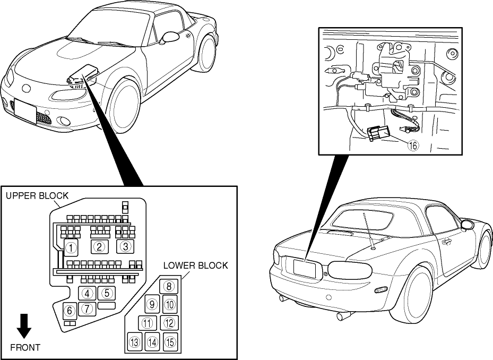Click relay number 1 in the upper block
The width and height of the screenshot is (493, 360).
(71, 246)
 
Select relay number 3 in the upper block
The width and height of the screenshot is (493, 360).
(125, 246)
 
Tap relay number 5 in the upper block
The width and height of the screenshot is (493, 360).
(107, 293)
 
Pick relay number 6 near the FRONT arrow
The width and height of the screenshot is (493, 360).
(69, 311)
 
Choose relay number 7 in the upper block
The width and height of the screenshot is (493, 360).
(88, 308)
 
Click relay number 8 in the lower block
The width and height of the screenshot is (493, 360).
(169, 287)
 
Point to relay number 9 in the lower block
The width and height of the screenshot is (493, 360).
(151, 304)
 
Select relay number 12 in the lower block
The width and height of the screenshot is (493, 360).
(169, 322)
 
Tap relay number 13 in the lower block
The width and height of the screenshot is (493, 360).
(134, 342)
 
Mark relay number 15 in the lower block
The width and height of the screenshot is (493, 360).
(169, 342)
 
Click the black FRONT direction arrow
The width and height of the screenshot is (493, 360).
(24, 325)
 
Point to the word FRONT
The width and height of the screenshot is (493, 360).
(25, 348)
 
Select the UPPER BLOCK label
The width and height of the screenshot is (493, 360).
(37, 195)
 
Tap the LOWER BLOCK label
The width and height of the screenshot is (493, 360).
(195, 265)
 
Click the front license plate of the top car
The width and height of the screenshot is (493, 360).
(24, 112)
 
